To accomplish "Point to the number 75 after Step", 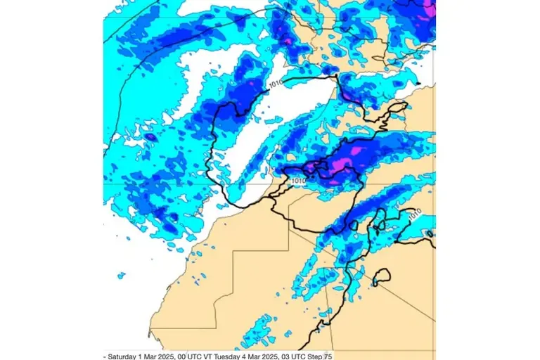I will (328, 356).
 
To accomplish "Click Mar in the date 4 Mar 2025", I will (250, 356).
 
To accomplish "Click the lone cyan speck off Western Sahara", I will (121, 274).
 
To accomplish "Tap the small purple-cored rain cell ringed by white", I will (150, 136).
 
